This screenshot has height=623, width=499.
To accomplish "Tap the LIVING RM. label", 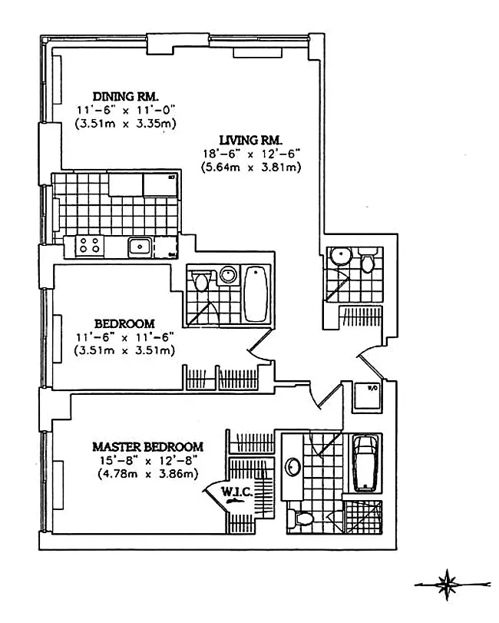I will click(x=251, y=140).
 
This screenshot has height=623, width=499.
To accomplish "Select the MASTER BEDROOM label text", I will click(x=147, y=446).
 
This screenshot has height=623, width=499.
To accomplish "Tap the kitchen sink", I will click(x=139, y=247).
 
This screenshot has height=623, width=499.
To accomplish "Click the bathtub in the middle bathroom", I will click(x=255, y=294).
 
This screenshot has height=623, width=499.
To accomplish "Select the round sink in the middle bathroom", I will click(x=227, y=275).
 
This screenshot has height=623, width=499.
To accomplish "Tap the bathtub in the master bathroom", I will click(x=365, y=462).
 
